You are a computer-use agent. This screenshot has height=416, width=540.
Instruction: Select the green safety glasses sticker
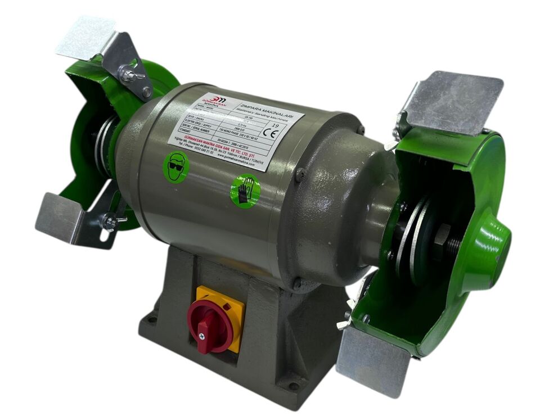[x=176, y=166]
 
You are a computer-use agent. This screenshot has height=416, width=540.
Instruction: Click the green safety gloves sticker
[x=245, y=190]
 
